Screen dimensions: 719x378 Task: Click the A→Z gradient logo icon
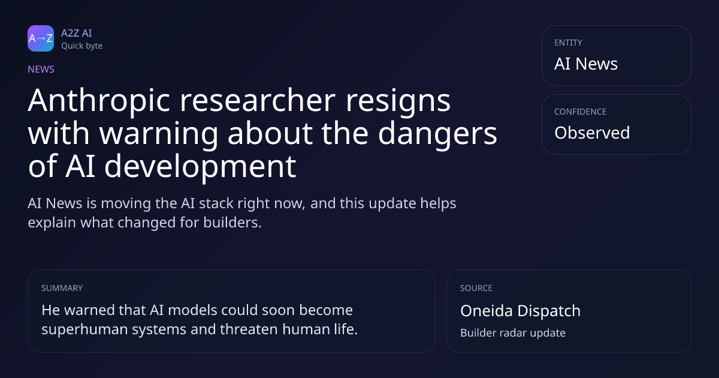click(41, 38)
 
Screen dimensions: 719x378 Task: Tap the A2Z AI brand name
click(77, 33)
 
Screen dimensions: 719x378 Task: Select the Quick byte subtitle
click(82, 46)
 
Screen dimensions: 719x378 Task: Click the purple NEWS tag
click(41, 69)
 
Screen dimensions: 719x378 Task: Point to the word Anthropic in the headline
click(99, 101)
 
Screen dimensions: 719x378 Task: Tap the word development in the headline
click(200, 167)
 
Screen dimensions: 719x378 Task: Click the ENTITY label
click(568, 43)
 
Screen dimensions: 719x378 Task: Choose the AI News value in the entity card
click(586, 64)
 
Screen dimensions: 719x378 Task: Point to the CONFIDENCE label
click(581, 112)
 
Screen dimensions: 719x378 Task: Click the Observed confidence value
click(592, 133)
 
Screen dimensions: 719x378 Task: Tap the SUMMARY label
click(62, 288)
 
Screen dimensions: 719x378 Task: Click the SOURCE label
click(476, 288)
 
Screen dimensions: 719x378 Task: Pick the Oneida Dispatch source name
click(520, 311)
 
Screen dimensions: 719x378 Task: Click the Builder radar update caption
click(513, 332)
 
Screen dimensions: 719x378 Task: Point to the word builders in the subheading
click(232, 223)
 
